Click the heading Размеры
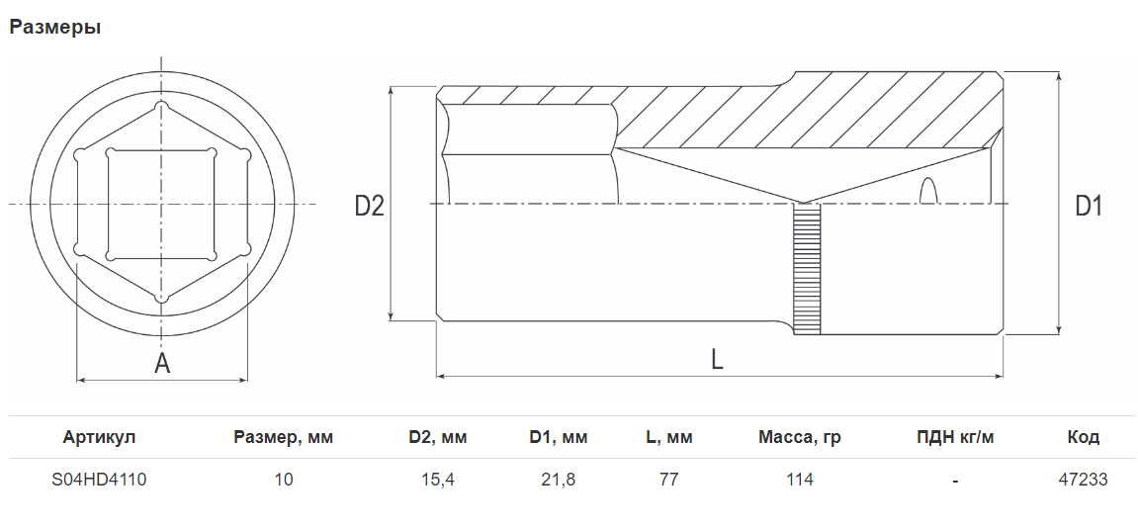pyautogui.click(x=55, y=28)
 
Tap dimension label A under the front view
pyautogui.click(x=162, y=363)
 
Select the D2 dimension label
pyautogui.click(x=369, y=206)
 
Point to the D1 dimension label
pyautogui.click(x=1088, y=206)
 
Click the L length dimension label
pyautogui.click(x=717, y=359)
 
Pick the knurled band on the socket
pyautogui.click(x=807, y=269)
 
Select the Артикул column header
pyautogui.click(x=99, y=437)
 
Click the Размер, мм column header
pyautogui.click(x=284, y=437)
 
